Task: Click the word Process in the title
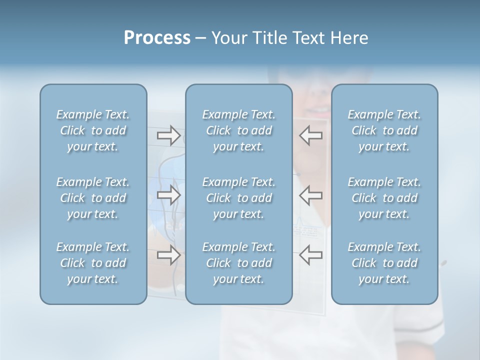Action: (157, 38)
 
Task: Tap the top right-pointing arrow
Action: (168, 135)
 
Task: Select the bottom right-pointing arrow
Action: (168, 255)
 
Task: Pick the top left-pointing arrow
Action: (311, 135)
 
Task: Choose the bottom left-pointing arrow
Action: (311, 255)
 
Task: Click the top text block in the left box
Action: (93, 130)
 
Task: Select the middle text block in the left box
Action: (93, 198)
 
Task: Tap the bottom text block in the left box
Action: (93, 263)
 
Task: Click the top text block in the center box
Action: (239, 130)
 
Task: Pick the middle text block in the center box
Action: (239, 198)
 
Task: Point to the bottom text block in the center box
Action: (239, 263)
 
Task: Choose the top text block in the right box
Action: (384, 130)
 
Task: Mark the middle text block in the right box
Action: (384, 198)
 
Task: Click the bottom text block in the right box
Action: (384, 263)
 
